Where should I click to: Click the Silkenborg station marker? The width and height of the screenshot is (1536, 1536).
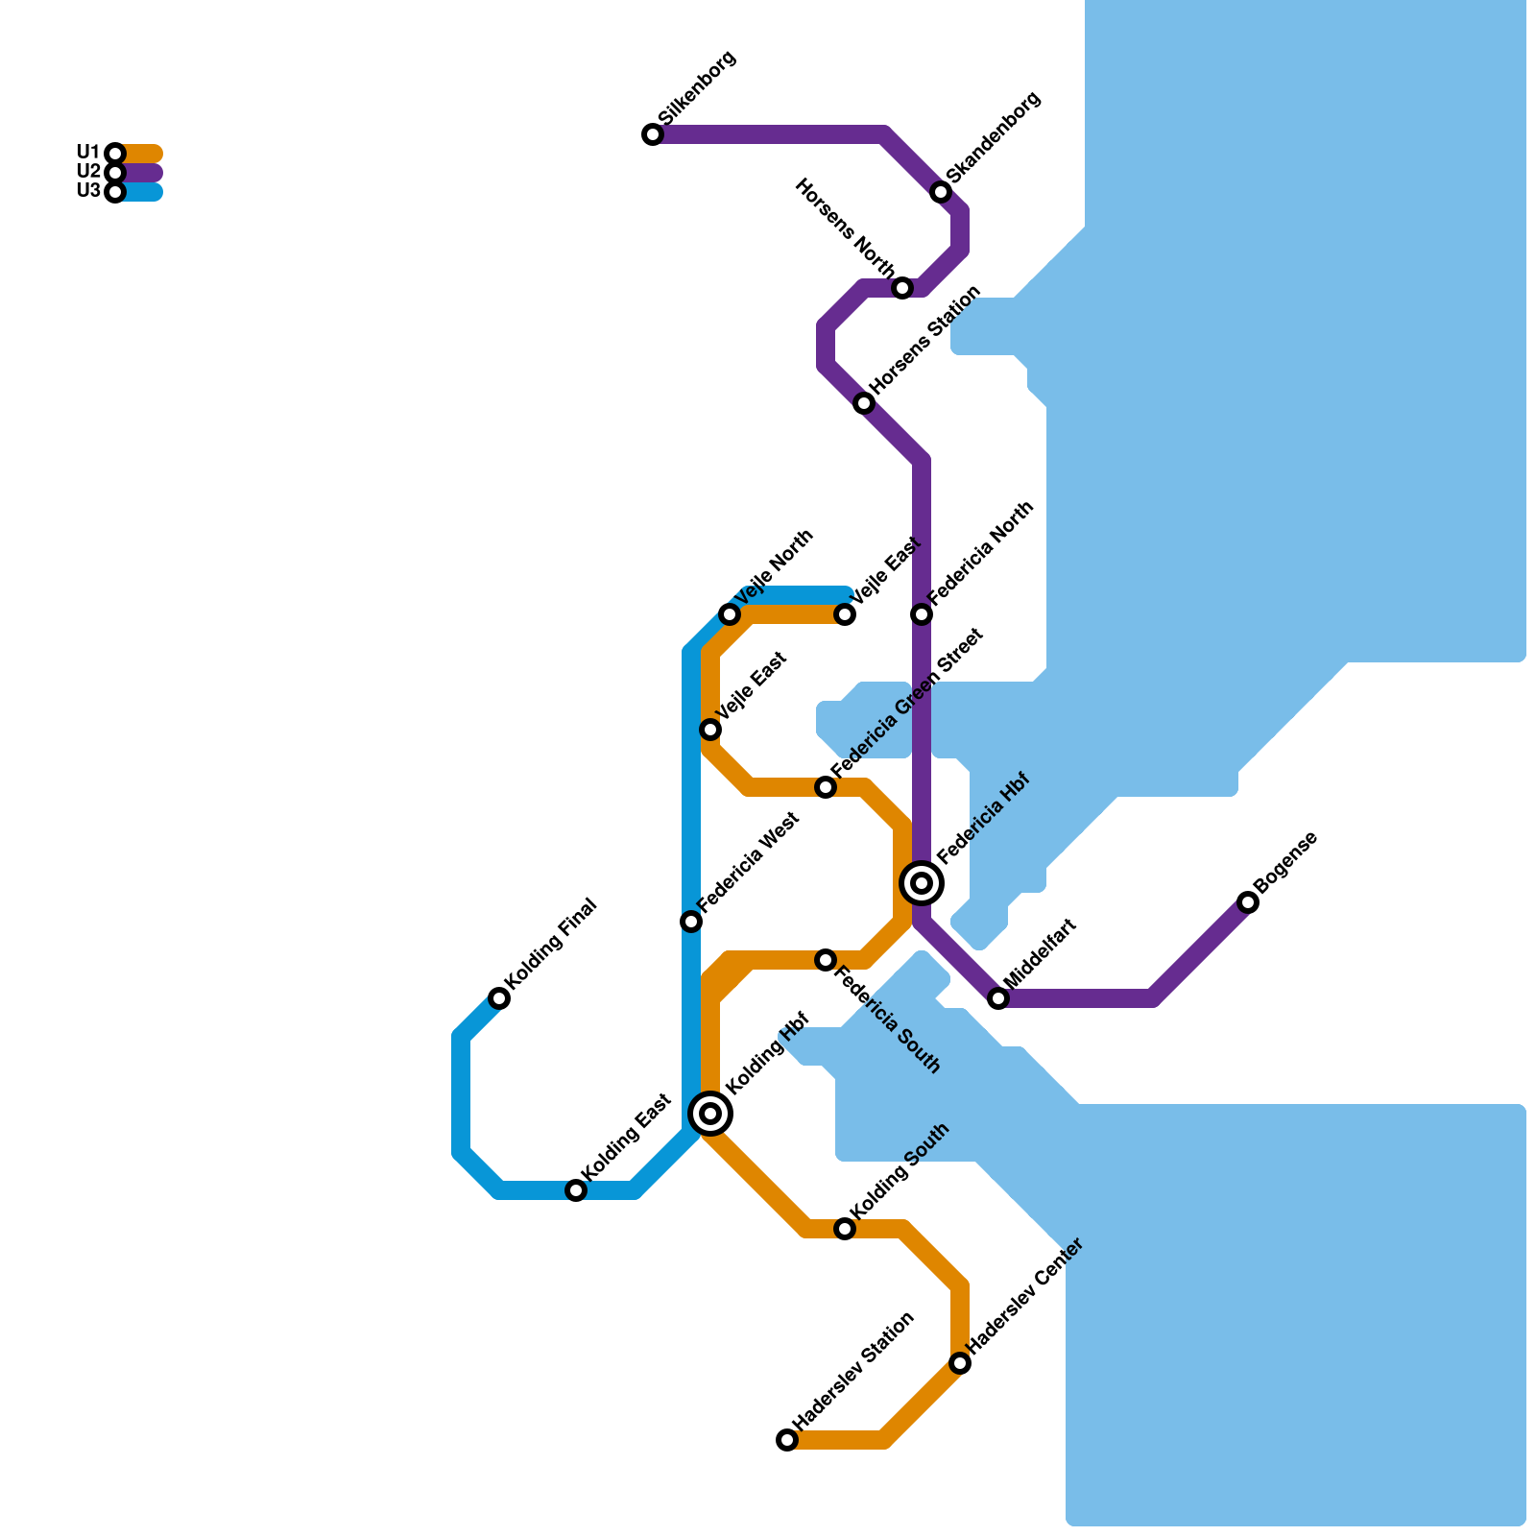click(653, 134)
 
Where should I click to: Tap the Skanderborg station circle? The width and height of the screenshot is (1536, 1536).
click(941, 192)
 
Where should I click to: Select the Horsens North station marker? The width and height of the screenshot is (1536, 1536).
click(902, 288)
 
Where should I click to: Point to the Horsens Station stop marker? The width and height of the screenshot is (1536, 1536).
click(864, 403)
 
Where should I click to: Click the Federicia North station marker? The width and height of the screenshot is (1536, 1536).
click(922, 614)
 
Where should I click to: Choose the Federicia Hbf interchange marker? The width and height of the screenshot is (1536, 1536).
click(922, 882)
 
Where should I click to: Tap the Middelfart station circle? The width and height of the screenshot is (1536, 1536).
click(998, 998)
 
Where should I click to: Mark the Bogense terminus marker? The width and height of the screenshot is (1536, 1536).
click(1248, 902)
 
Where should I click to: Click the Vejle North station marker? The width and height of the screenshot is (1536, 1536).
click(730, 614)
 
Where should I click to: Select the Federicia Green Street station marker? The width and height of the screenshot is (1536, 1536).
click(826, 787)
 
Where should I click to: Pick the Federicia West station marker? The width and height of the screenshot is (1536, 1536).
click(691, 922)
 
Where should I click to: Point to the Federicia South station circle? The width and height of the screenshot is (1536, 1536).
click(826, 960)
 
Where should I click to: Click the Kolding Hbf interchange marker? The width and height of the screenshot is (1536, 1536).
click(710, 1114)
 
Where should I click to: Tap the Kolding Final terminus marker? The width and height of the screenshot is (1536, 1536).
click(499, 998)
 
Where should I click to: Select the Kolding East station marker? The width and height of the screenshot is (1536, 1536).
click(576, 1190)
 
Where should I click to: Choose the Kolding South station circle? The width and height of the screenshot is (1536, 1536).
click(845, 1229)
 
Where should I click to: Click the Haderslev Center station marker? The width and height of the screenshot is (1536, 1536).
click(960, 1363)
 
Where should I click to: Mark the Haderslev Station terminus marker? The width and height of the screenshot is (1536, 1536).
click(787, 1440)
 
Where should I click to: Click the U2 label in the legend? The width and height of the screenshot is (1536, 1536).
click(87, 172)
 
